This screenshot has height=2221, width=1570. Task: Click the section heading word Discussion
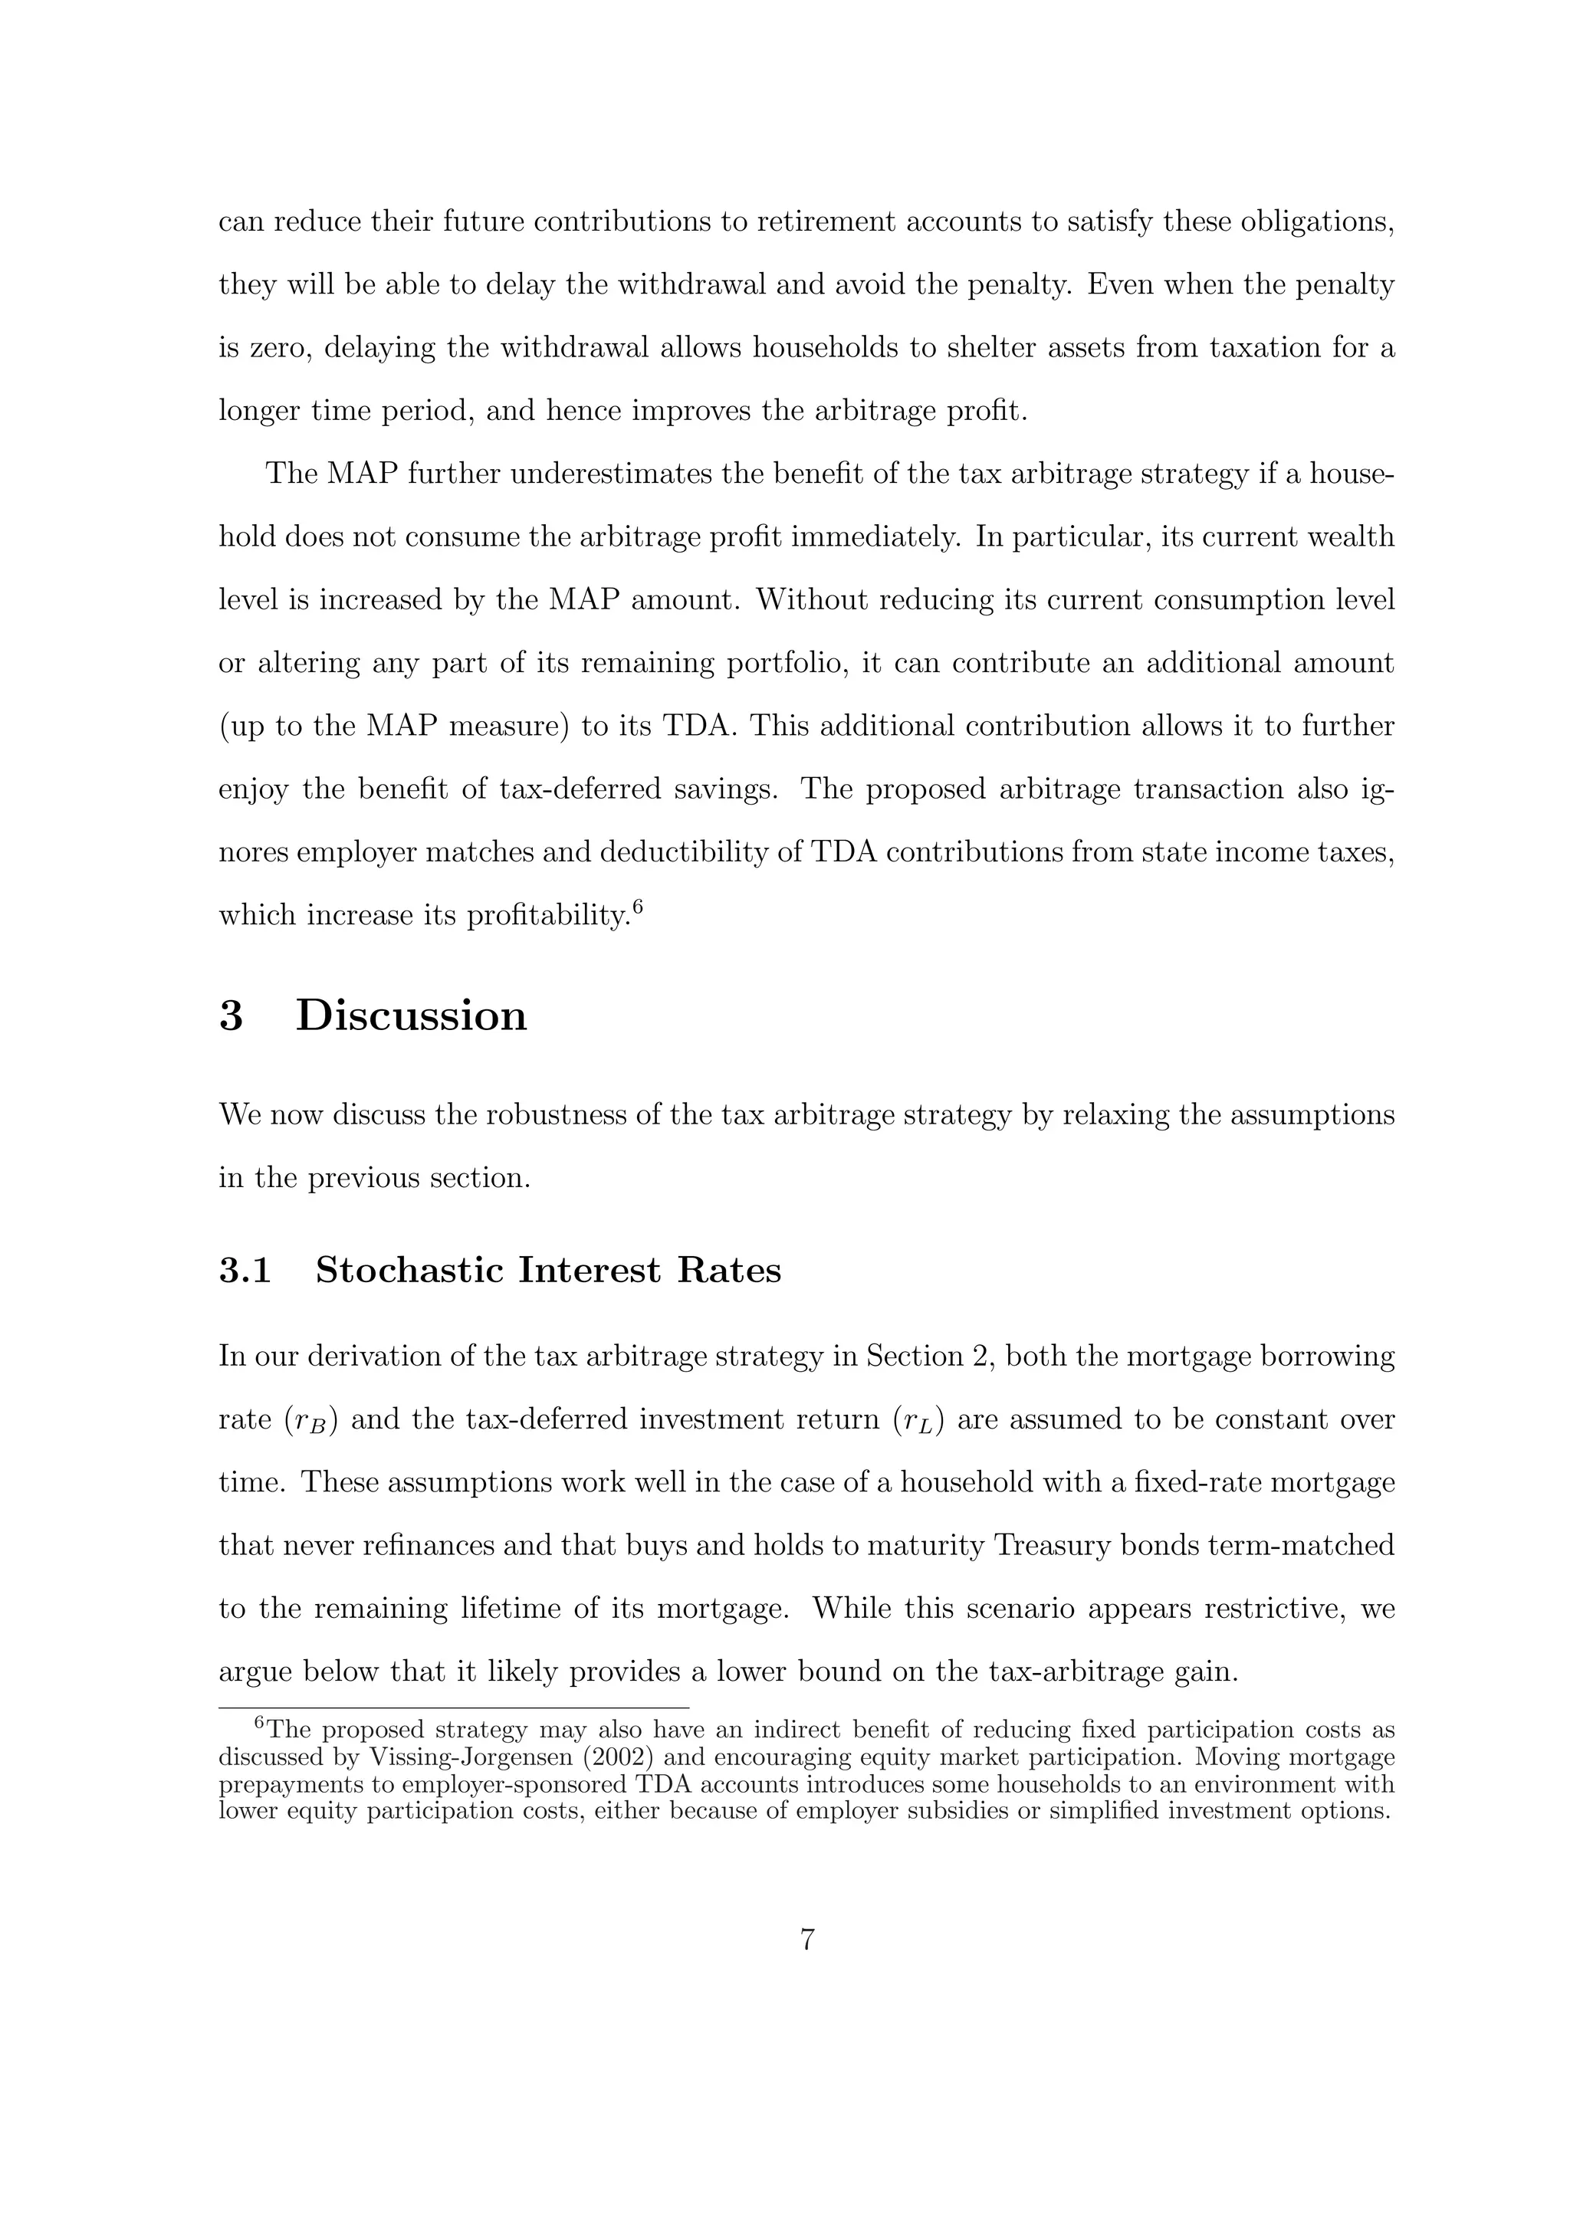point(411,1015)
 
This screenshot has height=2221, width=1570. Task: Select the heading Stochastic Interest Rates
point(547,1269)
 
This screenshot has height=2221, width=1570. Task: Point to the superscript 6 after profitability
point(638,907)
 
